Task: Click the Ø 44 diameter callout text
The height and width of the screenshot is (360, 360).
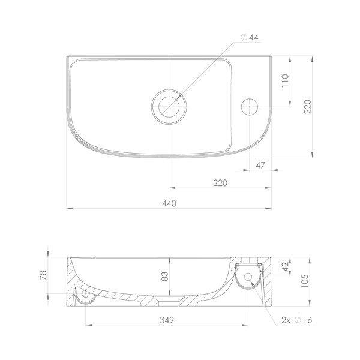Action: (x=250, y=37)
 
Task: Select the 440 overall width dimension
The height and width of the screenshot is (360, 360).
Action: (x=169, y=203)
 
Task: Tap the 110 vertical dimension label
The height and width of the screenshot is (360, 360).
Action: (x=285, y=80)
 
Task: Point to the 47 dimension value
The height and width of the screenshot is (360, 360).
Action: (x=260, y=165)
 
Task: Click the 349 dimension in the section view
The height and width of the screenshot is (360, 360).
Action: (x=167, y=320)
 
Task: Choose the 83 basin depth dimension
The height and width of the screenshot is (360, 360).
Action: (x=165, y=277)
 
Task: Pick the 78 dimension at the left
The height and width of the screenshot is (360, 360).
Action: (x=43, y=275)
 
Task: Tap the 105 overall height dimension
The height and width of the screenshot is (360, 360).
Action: (x=305, y=281)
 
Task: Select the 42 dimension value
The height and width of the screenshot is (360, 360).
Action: (x=285, y=266)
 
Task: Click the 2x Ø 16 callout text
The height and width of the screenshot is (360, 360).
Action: (x=297, y=320)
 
